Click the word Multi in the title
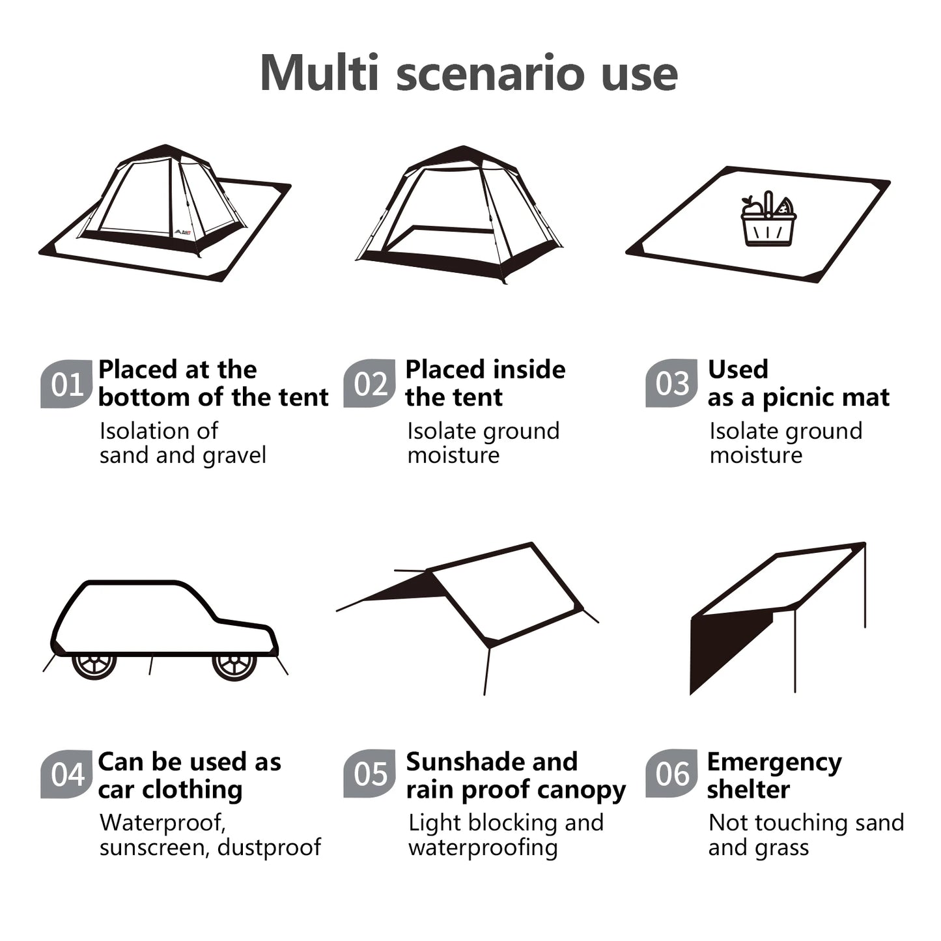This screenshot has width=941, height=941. click(319, 73)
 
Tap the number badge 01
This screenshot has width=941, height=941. click(66, 384)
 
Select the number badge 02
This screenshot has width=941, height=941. click(370, 384)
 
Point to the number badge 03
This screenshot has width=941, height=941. click(672, 384)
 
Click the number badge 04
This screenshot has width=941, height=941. click(66, 774)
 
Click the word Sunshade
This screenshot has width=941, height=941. click(457, 762)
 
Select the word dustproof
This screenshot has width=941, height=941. click(269, 847)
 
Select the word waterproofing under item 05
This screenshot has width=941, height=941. click(483, 849)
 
